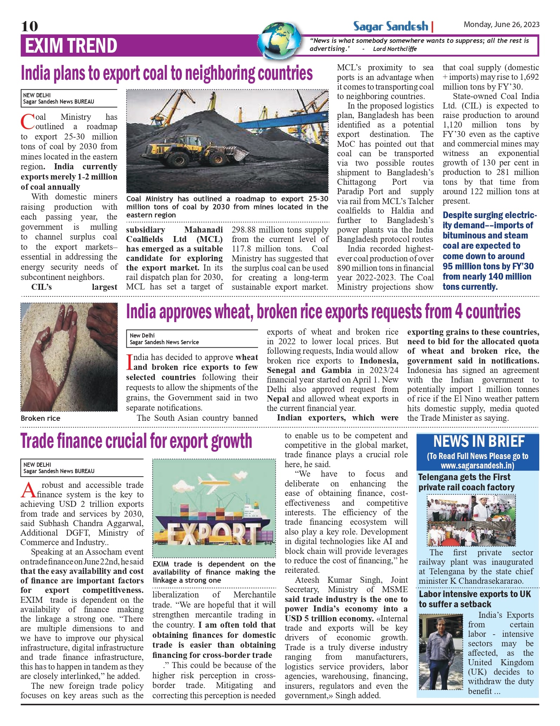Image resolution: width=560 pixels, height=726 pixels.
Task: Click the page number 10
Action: click(x=29, y=26)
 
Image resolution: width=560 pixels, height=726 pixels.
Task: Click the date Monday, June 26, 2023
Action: click(x=501, y=25)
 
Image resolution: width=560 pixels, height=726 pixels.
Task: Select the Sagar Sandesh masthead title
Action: click(x=390, y=27)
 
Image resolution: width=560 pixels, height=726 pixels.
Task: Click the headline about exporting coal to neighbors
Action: click(x=167, y=73)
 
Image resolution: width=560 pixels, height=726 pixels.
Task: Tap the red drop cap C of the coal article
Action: click(x=27, y=122)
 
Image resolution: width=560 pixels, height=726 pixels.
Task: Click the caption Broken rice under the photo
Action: click(x=40, y=418)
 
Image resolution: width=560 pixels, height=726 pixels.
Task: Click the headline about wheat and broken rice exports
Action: click(x=323, y=312)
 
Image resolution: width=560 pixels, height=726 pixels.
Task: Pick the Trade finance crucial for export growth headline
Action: click(x=136, y=441)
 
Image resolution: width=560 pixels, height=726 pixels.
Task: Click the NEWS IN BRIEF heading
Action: click(x=479, y=442)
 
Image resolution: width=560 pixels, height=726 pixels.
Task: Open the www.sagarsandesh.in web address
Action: click(x=477, y=466)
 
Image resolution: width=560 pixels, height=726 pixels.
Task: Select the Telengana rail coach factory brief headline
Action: click(x=466, y=482)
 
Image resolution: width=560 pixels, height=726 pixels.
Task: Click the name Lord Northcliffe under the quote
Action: click(x=395, y=49)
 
